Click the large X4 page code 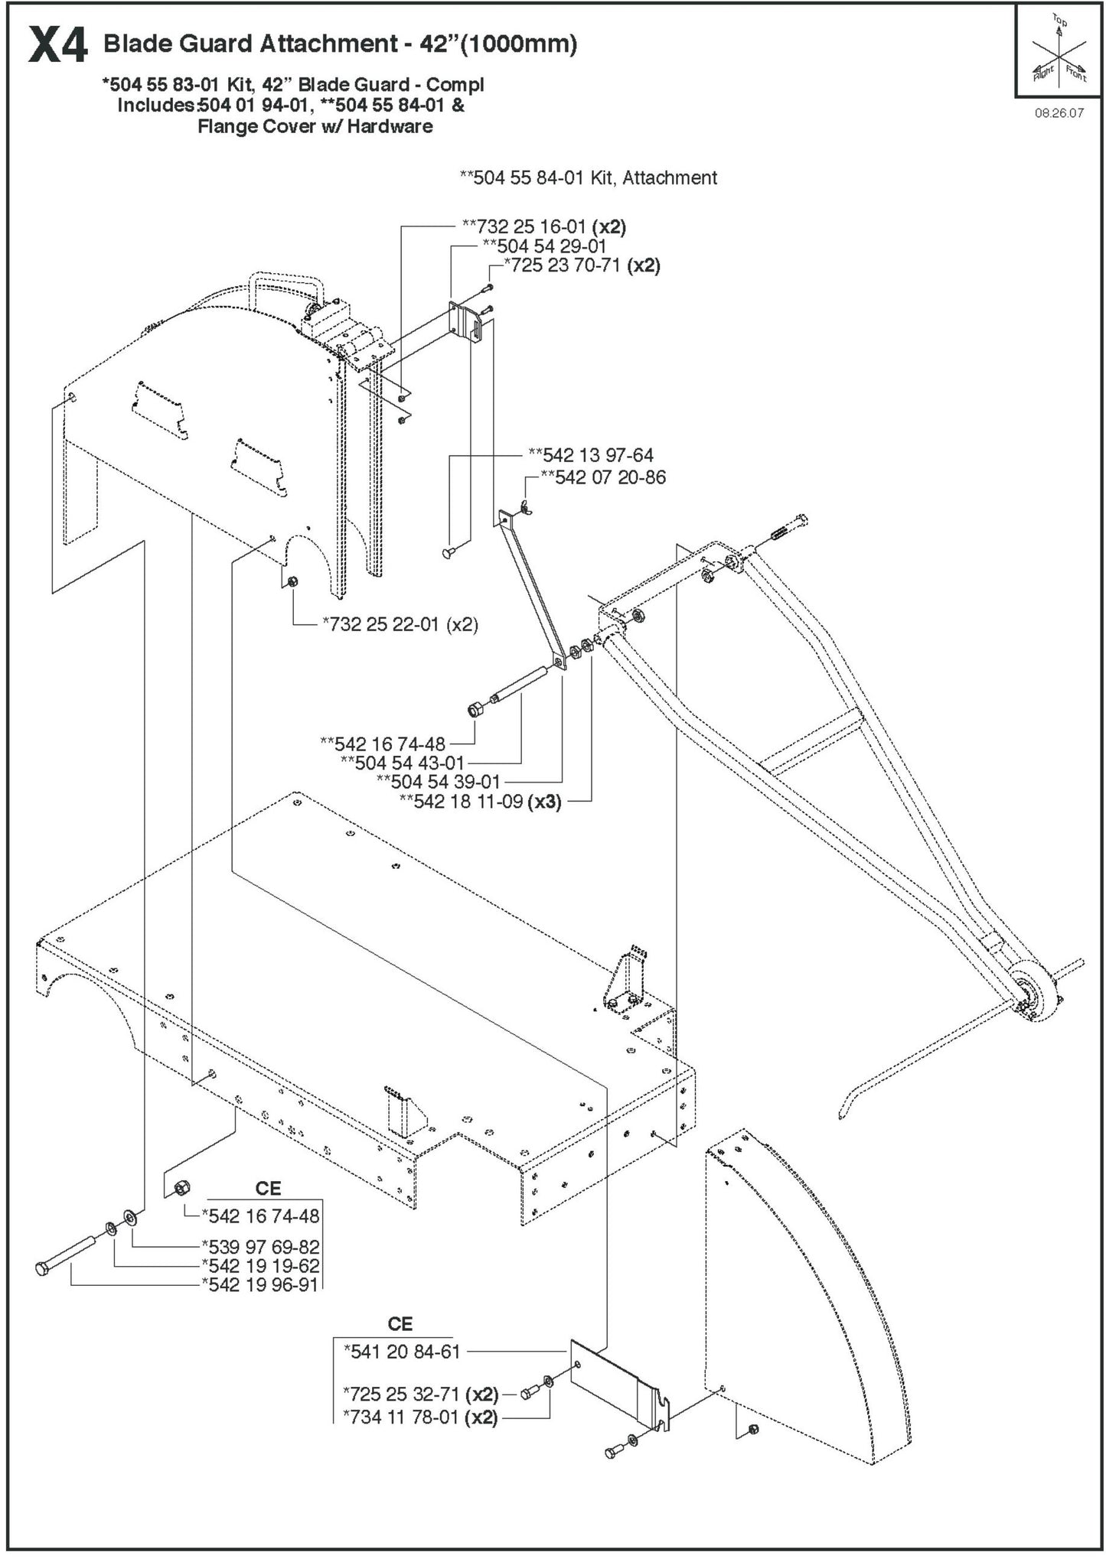click(57, 46)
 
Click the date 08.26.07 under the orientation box click(1059, 112)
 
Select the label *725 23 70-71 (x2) click(581, 265)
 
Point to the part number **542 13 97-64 click(591, 455)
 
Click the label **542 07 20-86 click(603, 477)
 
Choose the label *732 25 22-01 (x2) click(400, 624)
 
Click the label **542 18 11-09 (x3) click(480, 802)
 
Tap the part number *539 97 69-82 click(260, 1247)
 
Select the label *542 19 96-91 click(259, 1284)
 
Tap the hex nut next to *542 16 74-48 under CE click(181, 1209)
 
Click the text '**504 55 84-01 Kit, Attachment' click(588, 178)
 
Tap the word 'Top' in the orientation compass click(1059, 20)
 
